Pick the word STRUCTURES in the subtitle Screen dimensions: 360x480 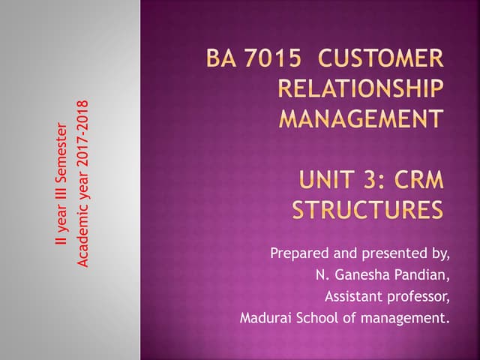click(x=367, y=209)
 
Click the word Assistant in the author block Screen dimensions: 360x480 click(x=352, y=296)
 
